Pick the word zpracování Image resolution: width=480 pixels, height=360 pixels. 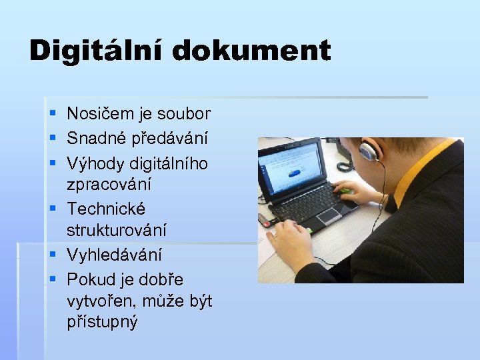(x=109, y=184)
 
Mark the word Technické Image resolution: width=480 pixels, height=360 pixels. (x=106, y=209)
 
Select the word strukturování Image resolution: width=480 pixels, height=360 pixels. (x=117, y=230)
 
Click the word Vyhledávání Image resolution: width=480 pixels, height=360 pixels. (x=114, y=255)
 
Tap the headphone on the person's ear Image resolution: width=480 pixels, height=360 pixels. (x=368, y=152)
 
